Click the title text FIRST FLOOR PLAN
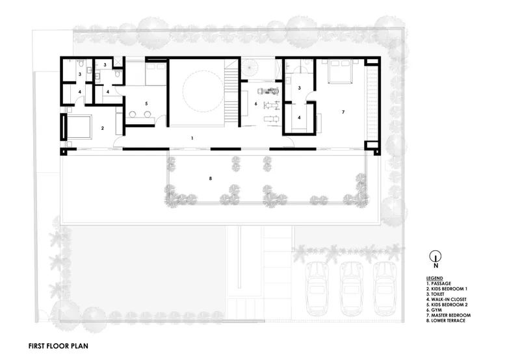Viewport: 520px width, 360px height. tap(58, 346)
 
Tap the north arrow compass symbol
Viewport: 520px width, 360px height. tap(435, 256)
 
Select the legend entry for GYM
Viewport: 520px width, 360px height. tap(434, 310)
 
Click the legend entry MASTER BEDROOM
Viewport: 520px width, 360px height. tap(448, 315)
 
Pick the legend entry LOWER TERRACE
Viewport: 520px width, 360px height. tap(446, 320)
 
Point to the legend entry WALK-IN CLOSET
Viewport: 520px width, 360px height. tap(447, 300)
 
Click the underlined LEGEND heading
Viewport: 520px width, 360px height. tap(434, 278)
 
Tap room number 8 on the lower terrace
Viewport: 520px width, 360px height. tap(210, 179)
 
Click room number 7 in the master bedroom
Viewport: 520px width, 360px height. tap(343, 112)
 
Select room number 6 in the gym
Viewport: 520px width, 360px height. tap(255, 104)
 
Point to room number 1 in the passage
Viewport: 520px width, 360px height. tap(192, 138)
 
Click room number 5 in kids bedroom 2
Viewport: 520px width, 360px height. tap(146, 104)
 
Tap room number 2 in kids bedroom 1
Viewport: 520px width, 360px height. tap(103, 128)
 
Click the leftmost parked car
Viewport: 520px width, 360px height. tap(317, 289)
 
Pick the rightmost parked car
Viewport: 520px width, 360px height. tap(385, 289)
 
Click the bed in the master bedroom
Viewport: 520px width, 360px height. tap(340, 71)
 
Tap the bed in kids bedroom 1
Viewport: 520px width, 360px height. tap(79, 127)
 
